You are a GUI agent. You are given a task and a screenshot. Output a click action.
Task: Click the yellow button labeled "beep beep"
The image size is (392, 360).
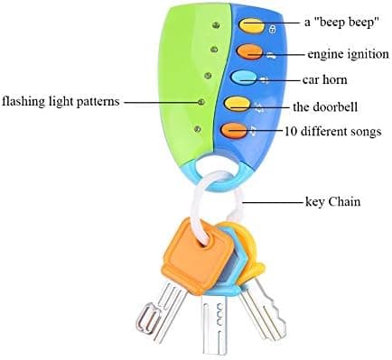[252, 25]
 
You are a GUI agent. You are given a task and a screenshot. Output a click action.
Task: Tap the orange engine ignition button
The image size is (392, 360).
[249, 51]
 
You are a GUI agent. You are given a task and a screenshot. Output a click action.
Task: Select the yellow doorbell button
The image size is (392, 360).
[238, 104]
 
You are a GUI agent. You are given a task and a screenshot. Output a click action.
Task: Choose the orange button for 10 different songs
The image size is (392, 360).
[234, 130]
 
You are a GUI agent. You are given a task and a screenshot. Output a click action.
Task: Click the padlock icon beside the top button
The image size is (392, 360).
[272, 29]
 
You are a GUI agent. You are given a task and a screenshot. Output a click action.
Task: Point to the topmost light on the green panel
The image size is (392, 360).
[215, 25]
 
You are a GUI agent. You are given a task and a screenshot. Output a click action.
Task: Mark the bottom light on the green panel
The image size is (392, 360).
[198, 129]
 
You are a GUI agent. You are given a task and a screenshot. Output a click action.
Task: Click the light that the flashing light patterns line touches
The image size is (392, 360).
[201, 102]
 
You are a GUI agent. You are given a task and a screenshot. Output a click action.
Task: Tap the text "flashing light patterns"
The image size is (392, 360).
[61, 101]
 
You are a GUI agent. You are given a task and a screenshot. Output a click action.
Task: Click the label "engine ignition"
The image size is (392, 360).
[348, 54]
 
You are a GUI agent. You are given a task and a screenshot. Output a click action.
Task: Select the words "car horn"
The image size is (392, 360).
[325, 79]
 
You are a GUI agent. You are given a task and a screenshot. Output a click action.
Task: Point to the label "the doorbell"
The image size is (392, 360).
[325, 106]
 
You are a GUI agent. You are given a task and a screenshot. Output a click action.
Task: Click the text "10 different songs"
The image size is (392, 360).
[333, 132]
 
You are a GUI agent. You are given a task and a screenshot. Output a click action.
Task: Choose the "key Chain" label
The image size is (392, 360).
[333, 201]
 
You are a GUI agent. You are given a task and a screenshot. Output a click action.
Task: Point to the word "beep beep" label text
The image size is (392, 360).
[341, 23]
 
